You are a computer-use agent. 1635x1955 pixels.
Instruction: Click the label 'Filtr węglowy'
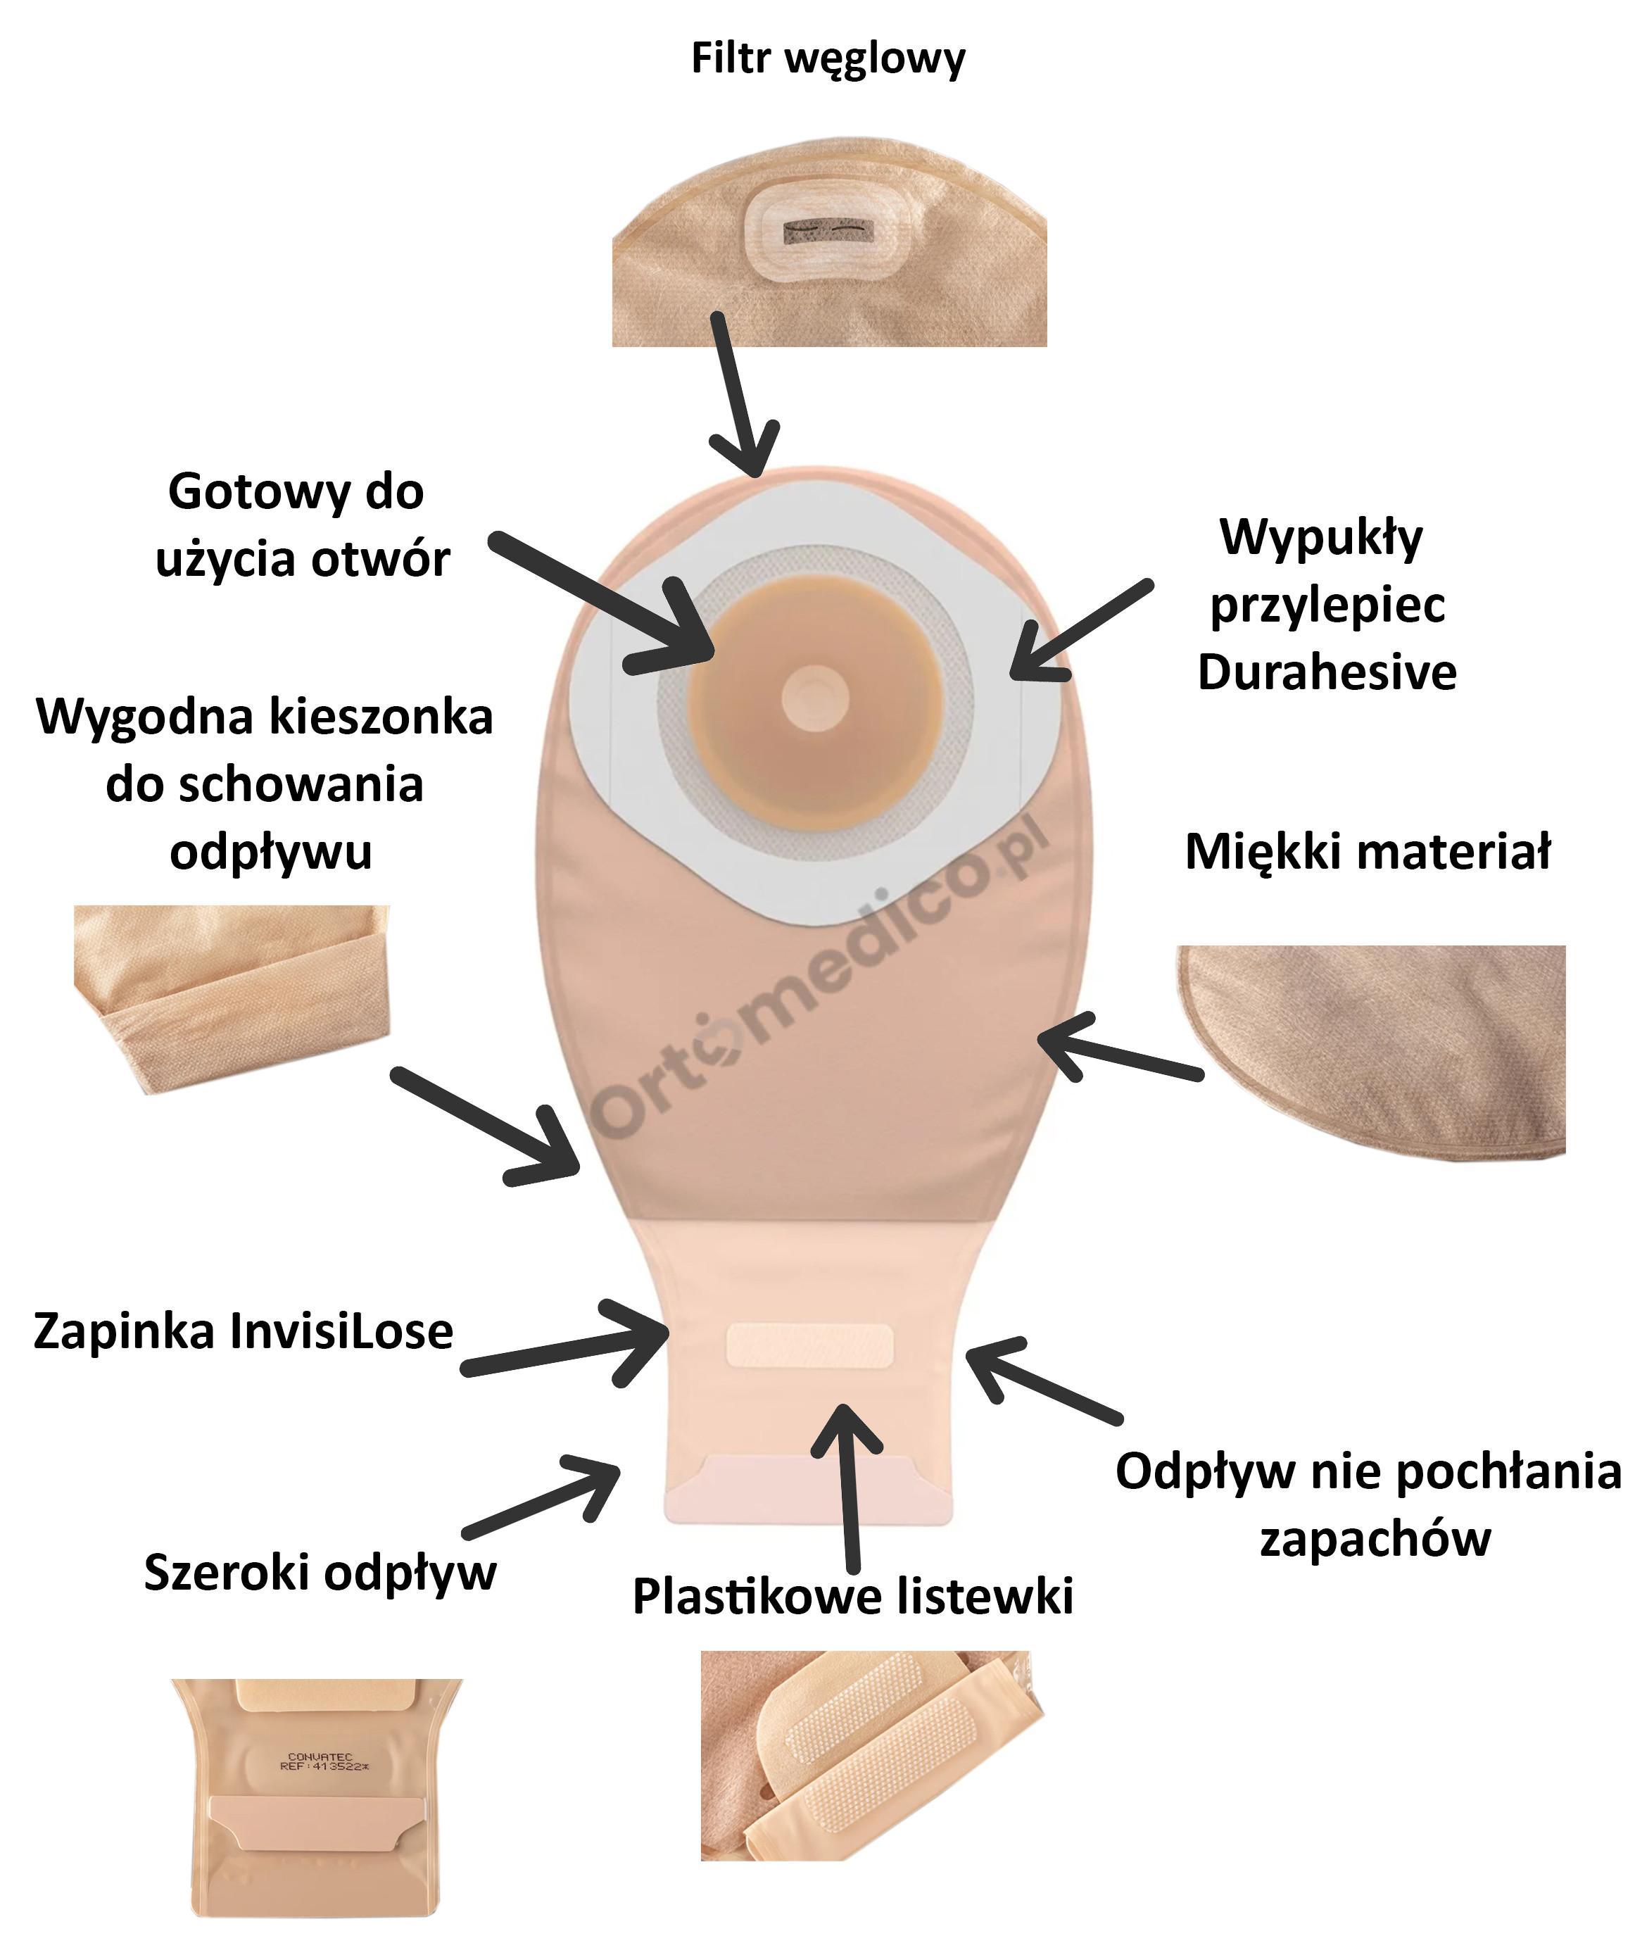(827, 58)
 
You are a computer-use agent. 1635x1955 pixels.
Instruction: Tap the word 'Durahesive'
(1326, 672)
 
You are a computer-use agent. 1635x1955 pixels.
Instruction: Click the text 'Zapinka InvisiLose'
(243, 1331)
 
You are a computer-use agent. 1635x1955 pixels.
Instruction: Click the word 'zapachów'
(1375, 1538)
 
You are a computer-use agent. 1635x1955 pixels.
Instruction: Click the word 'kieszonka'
(389, 717)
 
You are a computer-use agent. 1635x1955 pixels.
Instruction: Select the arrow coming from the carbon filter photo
(743, 401)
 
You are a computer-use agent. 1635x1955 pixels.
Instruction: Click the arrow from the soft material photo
(1117, 1052)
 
